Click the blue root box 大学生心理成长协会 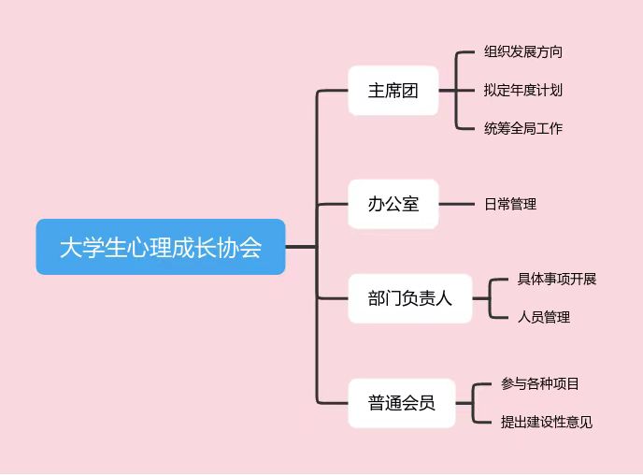pos(160,247)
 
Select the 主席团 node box pos(393,91)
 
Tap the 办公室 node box pos(393,203)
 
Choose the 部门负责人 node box pos(409,298)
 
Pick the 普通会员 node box pos(401,403)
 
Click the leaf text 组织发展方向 pos(523,52)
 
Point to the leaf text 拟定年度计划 pos(523,91)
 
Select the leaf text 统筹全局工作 pos(523,128)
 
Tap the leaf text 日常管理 pos(510,203)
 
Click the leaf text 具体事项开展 pos(557,280)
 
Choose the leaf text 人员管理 pos(544,317)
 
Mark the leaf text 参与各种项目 pos(540,383)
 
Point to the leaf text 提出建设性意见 pos(547,422)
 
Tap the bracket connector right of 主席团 pos(455,91)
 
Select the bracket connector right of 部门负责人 pos(489,298)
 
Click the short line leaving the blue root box pos(299,247)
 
